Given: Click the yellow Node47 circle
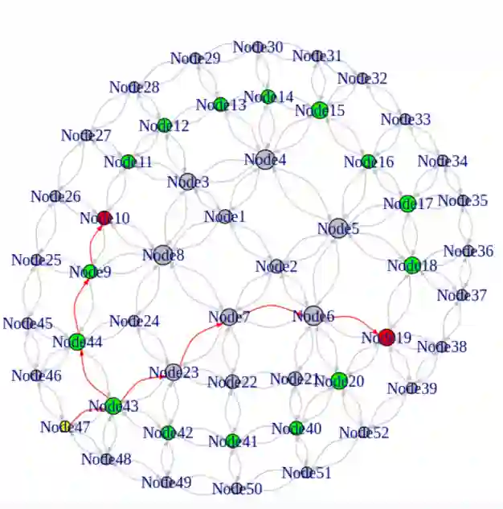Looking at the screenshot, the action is (65, 427).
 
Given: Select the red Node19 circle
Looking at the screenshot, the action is (387, 338).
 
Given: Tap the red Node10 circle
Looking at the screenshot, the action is (104, 218).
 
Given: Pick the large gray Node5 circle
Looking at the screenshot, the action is (338, 228).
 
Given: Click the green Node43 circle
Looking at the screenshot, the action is (113, 405).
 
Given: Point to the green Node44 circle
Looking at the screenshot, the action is (77, 342).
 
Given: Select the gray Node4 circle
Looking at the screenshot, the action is (265, 159).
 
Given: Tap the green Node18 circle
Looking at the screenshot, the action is (412, 265).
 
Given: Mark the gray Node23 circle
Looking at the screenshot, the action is (173, 372).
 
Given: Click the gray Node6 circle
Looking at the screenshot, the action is (313, 316).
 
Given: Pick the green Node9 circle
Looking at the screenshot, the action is (90, 271).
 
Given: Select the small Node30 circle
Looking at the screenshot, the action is (259, 47).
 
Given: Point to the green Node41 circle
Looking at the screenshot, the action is (233, 441).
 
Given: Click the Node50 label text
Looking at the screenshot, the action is (237, 488).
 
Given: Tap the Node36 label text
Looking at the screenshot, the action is (468, 251).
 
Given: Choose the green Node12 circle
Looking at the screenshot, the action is (164, 125).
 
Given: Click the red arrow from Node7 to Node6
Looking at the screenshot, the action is (269, 306).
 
